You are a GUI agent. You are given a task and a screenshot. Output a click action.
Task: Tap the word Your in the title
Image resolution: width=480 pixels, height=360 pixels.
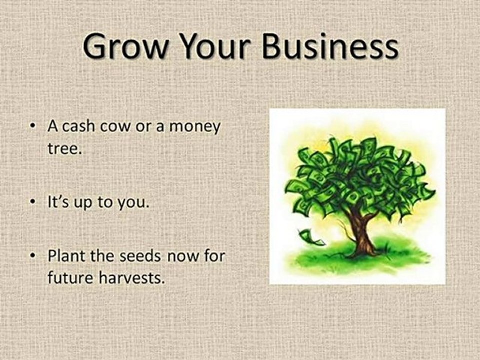pyautogui.click(x=217, y=48)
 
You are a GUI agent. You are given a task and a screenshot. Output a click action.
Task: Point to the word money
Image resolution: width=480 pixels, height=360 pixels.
pyautogui.click(x=194, y=127)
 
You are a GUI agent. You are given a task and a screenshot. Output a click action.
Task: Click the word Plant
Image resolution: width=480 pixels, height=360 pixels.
pyautogui.click(x=64, y=257)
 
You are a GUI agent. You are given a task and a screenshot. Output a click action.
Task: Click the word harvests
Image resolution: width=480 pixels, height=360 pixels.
pyautogui.click(x=134, y=279)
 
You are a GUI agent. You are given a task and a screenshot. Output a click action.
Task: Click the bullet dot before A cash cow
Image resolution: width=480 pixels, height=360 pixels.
pyautogui.click(x=33, y=127)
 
